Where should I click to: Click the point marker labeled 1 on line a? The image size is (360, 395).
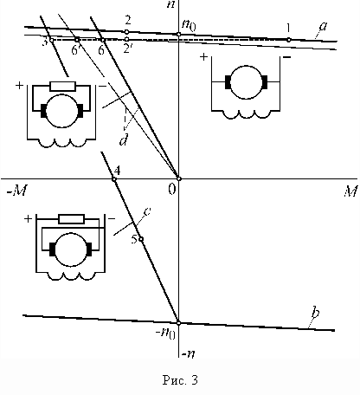tap(289, 40)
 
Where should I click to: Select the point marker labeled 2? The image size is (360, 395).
tap(126, 31)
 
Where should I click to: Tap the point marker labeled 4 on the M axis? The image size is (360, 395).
tap(114, 179)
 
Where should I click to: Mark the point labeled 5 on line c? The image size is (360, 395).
tap(141, 239)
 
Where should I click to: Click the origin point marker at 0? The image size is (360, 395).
tap(179, 178)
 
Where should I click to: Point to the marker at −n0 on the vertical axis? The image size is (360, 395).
tap(178, 323)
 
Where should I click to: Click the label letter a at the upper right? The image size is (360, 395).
tap(324, 26)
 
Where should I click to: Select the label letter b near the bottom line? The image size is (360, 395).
tap(316, 313)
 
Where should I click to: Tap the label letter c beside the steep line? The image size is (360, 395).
tap(147, 211)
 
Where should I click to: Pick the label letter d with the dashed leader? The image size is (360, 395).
tap(124, 140)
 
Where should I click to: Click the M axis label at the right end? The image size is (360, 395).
tap(350, 191)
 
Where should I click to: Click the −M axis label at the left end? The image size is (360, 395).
tap(17, 191)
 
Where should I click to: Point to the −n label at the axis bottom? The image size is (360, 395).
tap(188, 354)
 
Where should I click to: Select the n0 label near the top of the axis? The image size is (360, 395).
tap(189, 25)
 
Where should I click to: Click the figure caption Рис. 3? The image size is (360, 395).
tap(180, 379)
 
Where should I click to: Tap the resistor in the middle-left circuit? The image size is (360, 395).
tap(63, 86)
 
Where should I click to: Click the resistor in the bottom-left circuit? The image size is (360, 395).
tap(71, 219)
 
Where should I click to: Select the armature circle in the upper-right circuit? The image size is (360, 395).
tap(246, 82)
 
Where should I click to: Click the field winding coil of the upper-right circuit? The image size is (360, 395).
tap(247, 114)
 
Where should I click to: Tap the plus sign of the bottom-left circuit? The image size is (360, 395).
tap(28, 219)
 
